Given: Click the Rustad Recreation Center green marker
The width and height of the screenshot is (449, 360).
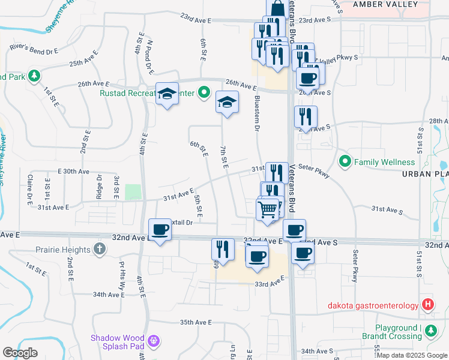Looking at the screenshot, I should click(203, 93).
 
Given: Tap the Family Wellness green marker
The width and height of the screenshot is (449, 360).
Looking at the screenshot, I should click(345, 161).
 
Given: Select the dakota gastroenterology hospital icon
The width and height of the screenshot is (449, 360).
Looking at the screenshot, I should click(427, 305).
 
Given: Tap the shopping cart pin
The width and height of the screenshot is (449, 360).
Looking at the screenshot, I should click(268, 211).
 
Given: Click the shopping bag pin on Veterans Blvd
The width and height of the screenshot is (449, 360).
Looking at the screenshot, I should click(277, 8).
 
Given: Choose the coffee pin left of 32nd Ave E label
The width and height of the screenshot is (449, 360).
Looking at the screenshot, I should click(160, 230).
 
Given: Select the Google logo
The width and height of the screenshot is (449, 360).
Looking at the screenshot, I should click(20, 352).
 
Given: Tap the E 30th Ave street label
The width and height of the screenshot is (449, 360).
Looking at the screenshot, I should click(73, 171).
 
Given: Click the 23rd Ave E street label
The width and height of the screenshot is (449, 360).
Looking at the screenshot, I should click(196, 20).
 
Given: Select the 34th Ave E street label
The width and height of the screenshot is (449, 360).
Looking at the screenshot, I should click(108, 295).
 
